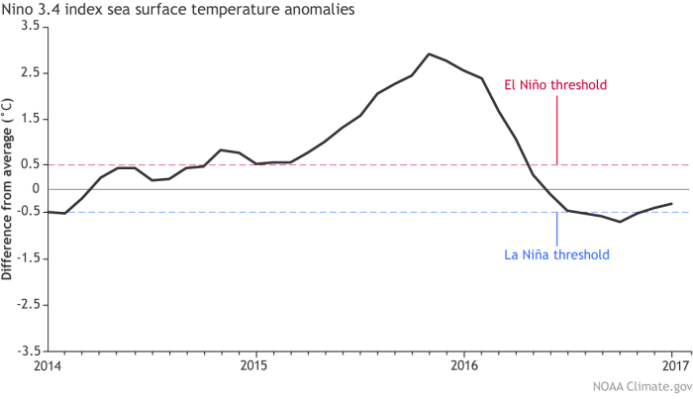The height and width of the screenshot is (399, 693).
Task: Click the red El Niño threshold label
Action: coord(555,85)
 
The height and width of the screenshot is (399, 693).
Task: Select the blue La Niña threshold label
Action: coord(556,254)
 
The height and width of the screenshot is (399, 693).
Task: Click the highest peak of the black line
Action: coord(428,53)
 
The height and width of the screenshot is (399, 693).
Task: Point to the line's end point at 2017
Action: coord(672,203)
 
